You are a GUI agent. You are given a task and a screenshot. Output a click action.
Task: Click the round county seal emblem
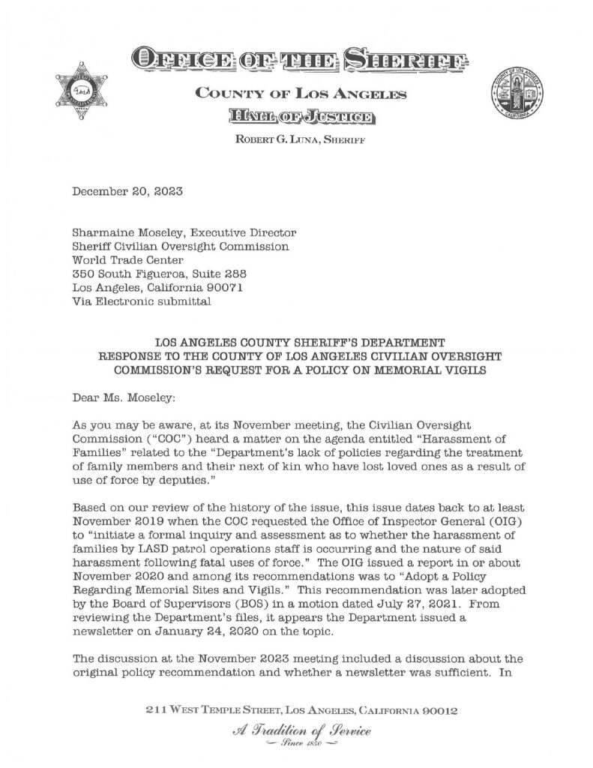pos(517,96)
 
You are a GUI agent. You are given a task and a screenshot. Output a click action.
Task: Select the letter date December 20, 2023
pos(127,191)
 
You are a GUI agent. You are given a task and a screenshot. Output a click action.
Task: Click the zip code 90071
pos(224,288)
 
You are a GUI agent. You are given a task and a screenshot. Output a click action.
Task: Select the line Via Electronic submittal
pos(142,301)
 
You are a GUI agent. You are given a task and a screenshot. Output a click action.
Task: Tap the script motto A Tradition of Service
pos(295,730)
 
